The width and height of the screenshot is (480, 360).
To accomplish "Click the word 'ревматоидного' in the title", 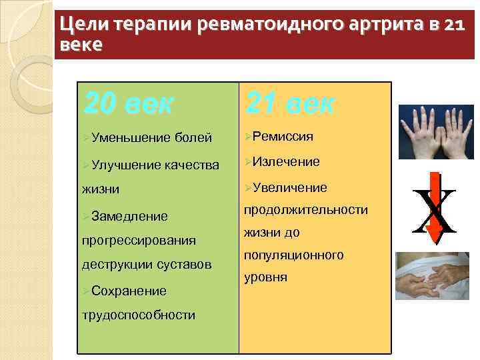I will point(283,25).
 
